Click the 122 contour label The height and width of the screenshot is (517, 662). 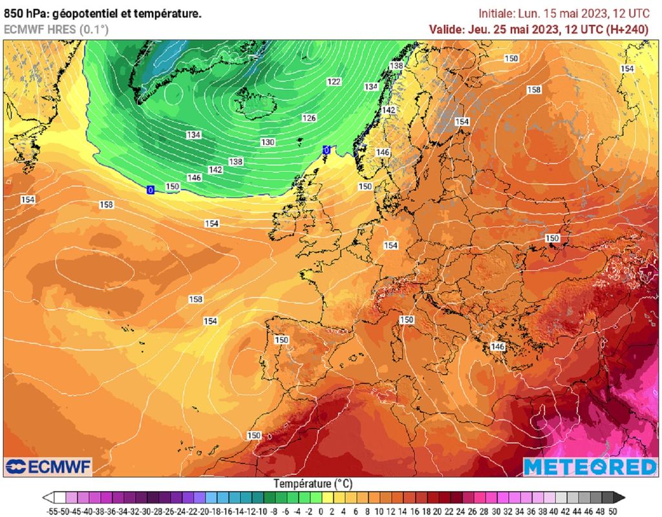[x=334, y=82]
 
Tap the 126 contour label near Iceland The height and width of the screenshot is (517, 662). [x=310, y=118]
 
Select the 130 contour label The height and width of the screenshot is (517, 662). [x=268, y=142]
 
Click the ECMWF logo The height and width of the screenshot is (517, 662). [x=48, y=466]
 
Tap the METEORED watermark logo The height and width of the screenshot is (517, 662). [x=590, y=467]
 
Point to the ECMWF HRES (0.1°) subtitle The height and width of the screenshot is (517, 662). [x=56, y=29]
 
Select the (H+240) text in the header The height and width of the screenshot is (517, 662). [x=626, y=29]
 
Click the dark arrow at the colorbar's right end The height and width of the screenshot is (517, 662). [x=619, y=498]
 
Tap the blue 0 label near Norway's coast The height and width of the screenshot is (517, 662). [x=326, y=150]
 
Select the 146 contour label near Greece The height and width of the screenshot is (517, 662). [x=497, y=347]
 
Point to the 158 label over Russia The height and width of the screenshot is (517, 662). [x=533, y=90]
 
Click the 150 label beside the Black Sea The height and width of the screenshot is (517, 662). [x=552, y=238]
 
